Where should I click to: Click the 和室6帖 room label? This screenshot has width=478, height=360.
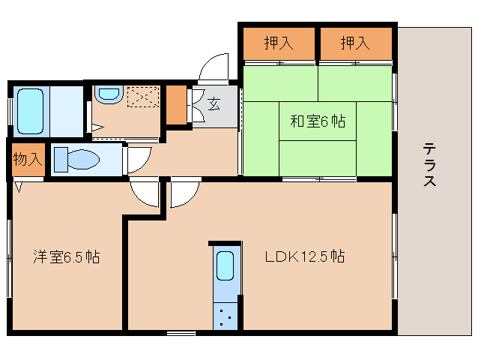coord(318,121)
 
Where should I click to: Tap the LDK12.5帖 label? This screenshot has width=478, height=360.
coord(305,256)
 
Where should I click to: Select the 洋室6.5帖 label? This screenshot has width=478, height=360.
coord(67,257)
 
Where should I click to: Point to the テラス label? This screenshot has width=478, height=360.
coord(429,164)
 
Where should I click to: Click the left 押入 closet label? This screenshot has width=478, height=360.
coord(279,43)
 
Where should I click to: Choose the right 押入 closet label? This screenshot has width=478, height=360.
coord(355,43)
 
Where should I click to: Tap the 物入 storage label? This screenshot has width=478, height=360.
coord(28,159)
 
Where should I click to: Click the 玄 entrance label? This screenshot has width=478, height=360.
coord(214,103)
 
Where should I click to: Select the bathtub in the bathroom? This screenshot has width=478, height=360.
coord(30,111)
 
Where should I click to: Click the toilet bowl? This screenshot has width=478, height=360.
coord(77,159)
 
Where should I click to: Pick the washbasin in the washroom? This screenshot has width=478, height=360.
coord(109,94)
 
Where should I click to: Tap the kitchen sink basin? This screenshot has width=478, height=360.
coord(225,265)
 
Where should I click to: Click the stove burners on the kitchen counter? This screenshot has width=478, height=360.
coord(226,316)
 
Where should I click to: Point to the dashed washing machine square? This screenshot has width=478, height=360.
coord(143,97)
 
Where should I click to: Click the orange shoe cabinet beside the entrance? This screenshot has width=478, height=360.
coord(176,105)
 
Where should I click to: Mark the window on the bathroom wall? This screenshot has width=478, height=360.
coord(10,111)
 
